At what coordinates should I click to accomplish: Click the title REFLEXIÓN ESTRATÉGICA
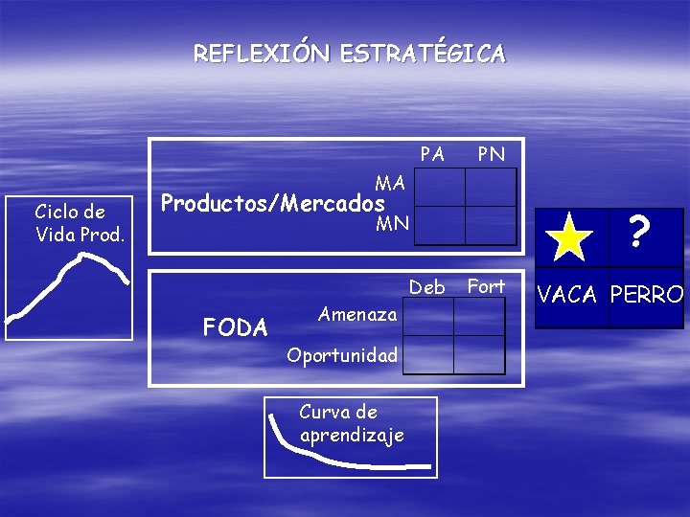pyautogui.click(x=349, y=54)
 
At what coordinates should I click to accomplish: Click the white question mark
pyautogui.click(x=640, y=231)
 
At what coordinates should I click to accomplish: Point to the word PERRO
pyautogui.click(x=647, y=294)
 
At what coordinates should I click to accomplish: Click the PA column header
pyautogui.click(x=432, y=154)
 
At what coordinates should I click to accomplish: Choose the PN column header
pyautogui.click(x=491, y=154)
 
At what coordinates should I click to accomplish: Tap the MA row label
pyautogui.click(x=390, y=182)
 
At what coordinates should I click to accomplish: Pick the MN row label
pyautogui.click(x=392, y=224)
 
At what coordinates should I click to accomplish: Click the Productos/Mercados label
pyautogui.click(x=273, y=203)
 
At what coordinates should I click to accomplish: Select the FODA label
pyautogui.click(x=235, y=328)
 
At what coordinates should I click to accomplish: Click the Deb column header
pyautogui.click(x=427, y=287)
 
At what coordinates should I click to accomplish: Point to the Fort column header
pyautogui.click(x=486, y=286)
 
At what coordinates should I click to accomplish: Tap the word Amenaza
pyautogui.click(x=357, y=314)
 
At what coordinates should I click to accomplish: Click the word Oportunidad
pyautogui.click(x=342, y=355)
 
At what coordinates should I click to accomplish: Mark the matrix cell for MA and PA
pyautogui.click(x=439, y=188)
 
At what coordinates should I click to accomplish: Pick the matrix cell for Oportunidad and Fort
pyautogui.click(x=479, y=354)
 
